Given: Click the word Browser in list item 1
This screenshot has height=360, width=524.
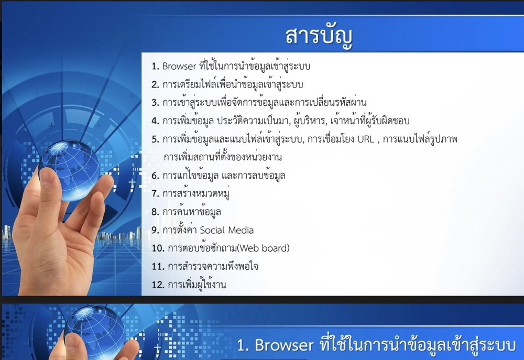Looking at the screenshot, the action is click(x=179, y=66).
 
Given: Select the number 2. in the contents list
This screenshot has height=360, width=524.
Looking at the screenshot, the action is click(x=155, y=84).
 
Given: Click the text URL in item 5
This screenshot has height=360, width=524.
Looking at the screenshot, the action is click(x=366, y=139).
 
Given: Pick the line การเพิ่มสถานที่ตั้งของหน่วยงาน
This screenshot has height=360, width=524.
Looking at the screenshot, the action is click(x=223, y=157).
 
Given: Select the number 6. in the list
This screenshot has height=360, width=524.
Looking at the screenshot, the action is click(x=155, y=176).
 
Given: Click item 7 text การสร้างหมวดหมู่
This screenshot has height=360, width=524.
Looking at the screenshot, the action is click(x=196, y=194).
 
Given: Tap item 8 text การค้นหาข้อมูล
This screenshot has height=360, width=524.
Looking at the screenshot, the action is click(x=191, y=212).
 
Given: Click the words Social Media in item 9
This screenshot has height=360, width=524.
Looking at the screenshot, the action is click(x=226, y=230).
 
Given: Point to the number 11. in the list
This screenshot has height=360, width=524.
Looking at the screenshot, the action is click(x=158, y=267).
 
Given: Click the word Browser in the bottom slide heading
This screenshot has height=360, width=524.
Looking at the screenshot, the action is click(x=284, y=345).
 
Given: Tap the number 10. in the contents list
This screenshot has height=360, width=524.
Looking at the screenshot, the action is click(x=158, y=248).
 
